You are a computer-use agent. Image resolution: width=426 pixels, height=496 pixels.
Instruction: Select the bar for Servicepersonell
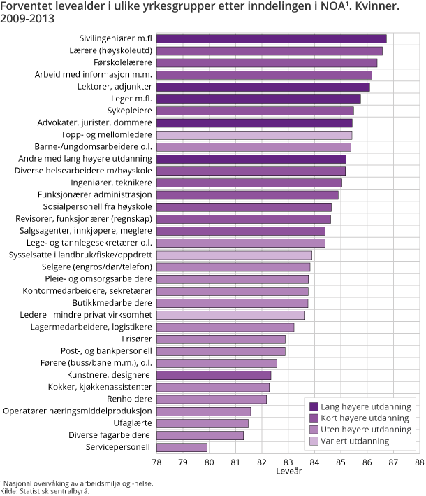[x=182, y=447]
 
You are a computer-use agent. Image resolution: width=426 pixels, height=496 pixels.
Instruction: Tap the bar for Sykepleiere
[x=255, y=111]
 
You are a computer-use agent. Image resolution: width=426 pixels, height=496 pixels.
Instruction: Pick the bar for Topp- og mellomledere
[x=254, y=134]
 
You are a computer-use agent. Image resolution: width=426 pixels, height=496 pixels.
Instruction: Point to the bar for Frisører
[x=221, y=339]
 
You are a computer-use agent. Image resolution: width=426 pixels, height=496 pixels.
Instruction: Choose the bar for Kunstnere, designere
[x=214, y=375]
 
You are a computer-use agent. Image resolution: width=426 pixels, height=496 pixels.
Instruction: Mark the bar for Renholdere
[x=212, y=399]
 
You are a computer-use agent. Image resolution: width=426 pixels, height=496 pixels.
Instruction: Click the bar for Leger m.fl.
[x=258, y=99]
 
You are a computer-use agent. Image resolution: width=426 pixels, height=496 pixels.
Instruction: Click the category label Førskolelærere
[x=123, y=62]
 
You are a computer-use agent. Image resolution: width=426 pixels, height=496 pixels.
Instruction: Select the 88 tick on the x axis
[x=418, y=462]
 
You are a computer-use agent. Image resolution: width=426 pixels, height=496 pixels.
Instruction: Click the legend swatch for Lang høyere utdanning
[x=314, y=406]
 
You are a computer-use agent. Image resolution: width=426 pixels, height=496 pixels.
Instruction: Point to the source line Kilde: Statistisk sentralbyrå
[x=45, y=491]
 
